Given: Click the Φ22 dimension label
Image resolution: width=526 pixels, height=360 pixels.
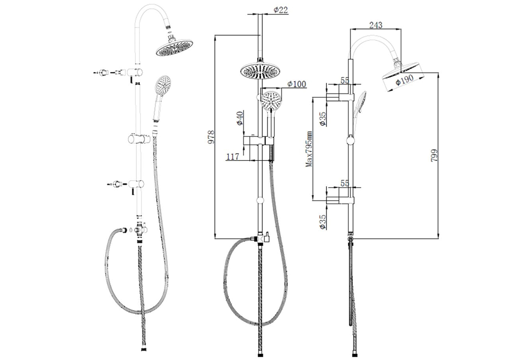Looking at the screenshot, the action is pos(281,10).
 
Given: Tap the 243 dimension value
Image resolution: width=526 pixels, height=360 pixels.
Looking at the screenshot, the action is pos(376,25).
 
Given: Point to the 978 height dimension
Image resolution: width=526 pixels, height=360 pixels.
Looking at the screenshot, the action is pos(211,137).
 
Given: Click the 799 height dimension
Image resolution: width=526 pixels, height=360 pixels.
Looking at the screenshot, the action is pos(434,155).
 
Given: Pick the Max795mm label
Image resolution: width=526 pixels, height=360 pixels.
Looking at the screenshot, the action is pos(309,149).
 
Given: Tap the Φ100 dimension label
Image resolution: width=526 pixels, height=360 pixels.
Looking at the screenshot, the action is pos(297,84).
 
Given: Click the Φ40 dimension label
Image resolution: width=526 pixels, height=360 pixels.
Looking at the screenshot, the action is pos(240,118).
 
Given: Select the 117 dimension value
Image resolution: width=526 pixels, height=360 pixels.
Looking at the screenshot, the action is pos(232,157).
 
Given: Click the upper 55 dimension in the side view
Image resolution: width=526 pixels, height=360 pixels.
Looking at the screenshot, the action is pos(345,80).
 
